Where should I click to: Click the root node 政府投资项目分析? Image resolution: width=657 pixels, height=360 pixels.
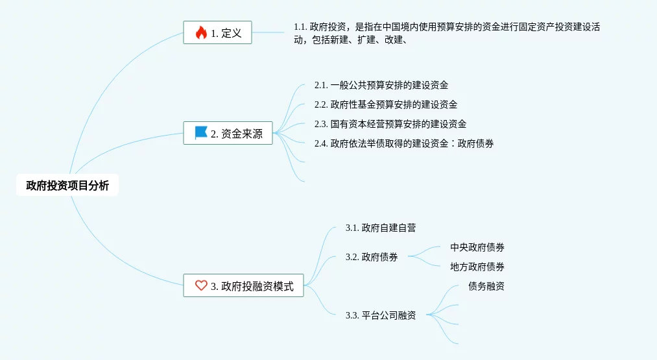point(67,186)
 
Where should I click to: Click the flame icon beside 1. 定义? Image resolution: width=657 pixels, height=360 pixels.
point(201,32)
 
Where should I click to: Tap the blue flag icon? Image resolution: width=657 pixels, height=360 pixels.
point(201,133)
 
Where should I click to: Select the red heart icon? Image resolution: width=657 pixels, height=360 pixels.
point(201,285)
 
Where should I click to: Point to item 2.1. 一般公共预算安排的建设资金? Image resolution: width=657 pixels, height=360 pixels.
point(381,85)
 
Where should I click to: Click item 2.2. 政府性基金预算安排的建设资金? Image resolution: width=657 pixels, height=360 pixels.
point(386,104)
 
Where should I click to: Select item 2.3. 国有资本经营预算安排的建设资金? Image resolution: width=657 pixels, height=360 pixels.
point(390,124)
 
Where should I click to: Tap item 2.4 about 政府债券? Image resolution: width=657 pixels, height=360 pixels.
point(404,143)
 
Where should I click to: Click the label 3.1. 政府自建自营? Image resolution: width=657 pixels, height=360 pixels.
point(381,228)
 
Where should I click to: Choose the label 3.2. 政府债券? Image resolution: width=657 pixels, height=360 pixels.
point(372,257)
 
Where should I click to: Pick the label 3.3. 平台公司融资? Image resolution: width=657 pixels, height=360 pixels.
point(381,315)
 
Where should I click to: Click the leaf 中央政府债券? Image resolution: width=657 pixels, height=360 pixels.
point(477,247)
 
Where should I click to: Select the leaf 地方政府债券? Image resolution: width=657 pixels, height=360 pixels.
point(477,267)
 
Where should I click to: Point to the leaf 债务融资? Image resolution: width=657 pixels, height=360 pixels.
point(486,286)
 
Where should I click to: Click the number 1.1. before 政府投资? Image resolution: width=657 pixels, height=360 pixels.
point(300,27)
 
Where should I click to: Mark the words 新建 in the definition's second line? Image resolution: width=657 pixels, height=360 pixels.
point(340,40)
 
